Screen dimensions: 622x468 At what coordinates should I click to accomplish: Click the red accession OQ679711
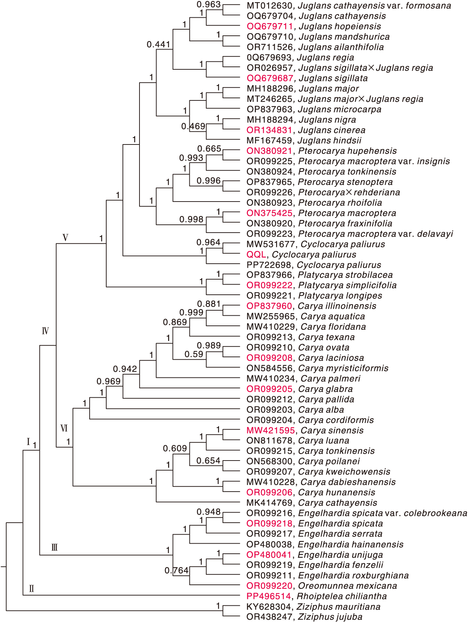270,26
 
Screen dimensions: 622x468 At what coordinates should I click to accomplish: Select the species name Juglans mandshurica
344,37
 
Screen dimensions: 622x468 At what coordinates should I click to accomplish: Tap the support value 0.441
158,44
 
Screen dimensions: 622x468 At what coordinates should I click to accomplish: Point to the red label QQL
256,255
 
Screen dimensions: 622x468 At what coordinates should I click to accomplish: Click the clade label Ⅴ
65,238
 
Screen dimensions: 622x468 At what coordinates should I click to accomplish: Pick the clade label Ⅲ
55,548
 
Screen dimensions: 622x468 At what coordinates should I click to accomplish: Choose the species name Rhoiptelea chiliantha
342,596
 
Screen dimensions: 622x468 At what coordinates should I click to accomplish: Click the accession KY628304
269,607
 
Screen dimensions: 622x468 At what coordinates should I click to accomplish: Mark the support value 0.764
176,571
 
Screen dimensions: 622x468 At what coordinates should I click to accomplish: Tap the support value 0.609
175,449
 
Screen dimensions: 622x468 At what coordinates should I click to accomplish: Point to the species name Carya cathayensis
338,503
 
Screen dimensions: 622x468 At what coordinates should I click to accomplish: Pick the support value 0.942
125,369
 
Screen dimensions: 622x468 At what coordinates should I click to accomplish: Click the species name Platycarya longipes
340,296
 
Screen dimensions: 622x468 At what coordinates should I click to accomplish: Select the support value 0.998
192,220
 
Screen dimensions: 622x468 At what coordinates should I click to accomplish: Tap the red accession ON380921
269,151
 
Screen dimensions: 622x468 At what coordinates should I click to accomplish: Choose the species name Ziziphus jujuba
330,617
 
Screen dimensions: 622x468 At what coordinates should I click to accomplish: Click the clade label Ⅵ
64,428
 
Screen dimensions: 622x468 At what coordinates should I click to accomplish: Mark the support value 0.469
193,126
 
